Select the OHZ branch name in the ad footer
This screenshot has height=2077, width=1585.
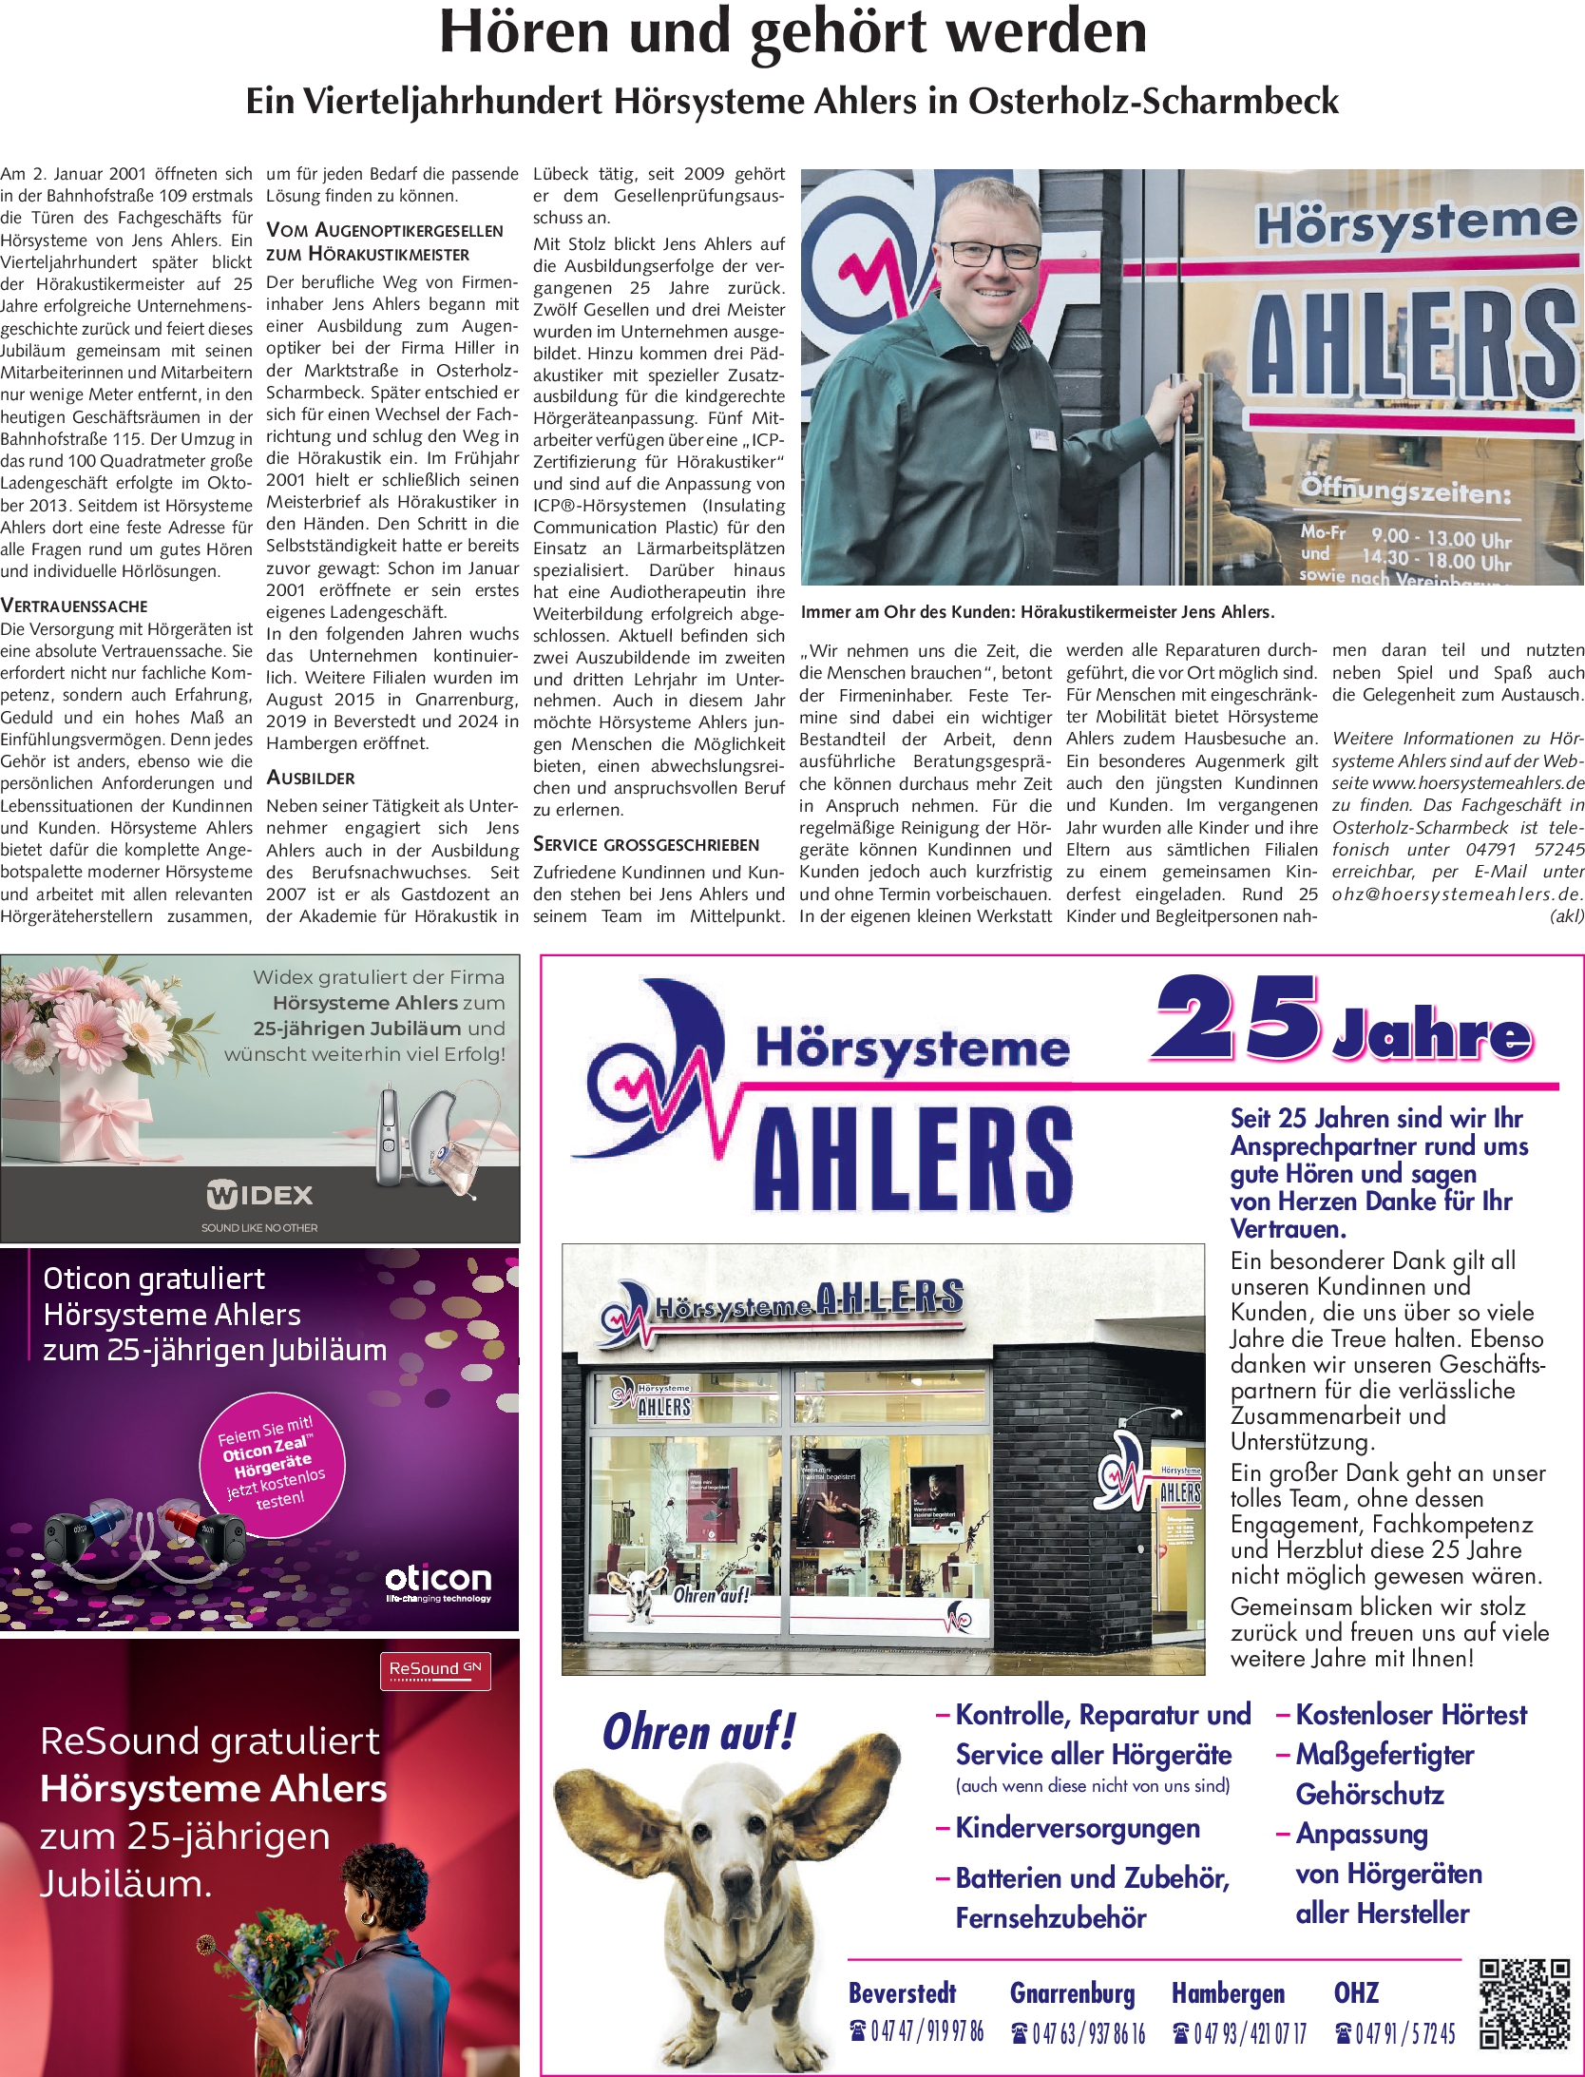tap(1356, 1992)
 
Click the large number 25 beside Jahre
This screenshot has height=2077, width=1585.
tap(1237, 1019)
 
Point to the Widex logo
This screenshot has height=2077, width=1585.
tap(259, 1195)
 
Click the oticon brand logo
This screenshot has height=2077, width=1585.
tap(438, 1580)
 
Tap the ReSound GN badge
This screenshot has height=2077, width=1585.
tap(435, 1669)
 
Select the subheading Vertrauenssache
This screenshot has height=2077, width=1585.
tap(74, 606)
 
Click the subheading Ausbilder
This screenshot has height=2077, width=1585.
tap(311, 778)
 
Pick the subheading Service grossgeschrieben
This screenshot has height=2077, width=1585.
tap(646, 844)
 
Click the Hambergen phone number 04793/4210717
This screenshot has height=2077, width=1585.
tap(1240, 2033)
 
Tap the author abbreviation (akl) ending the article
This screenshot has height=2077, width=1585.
tap(1566, 916)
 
